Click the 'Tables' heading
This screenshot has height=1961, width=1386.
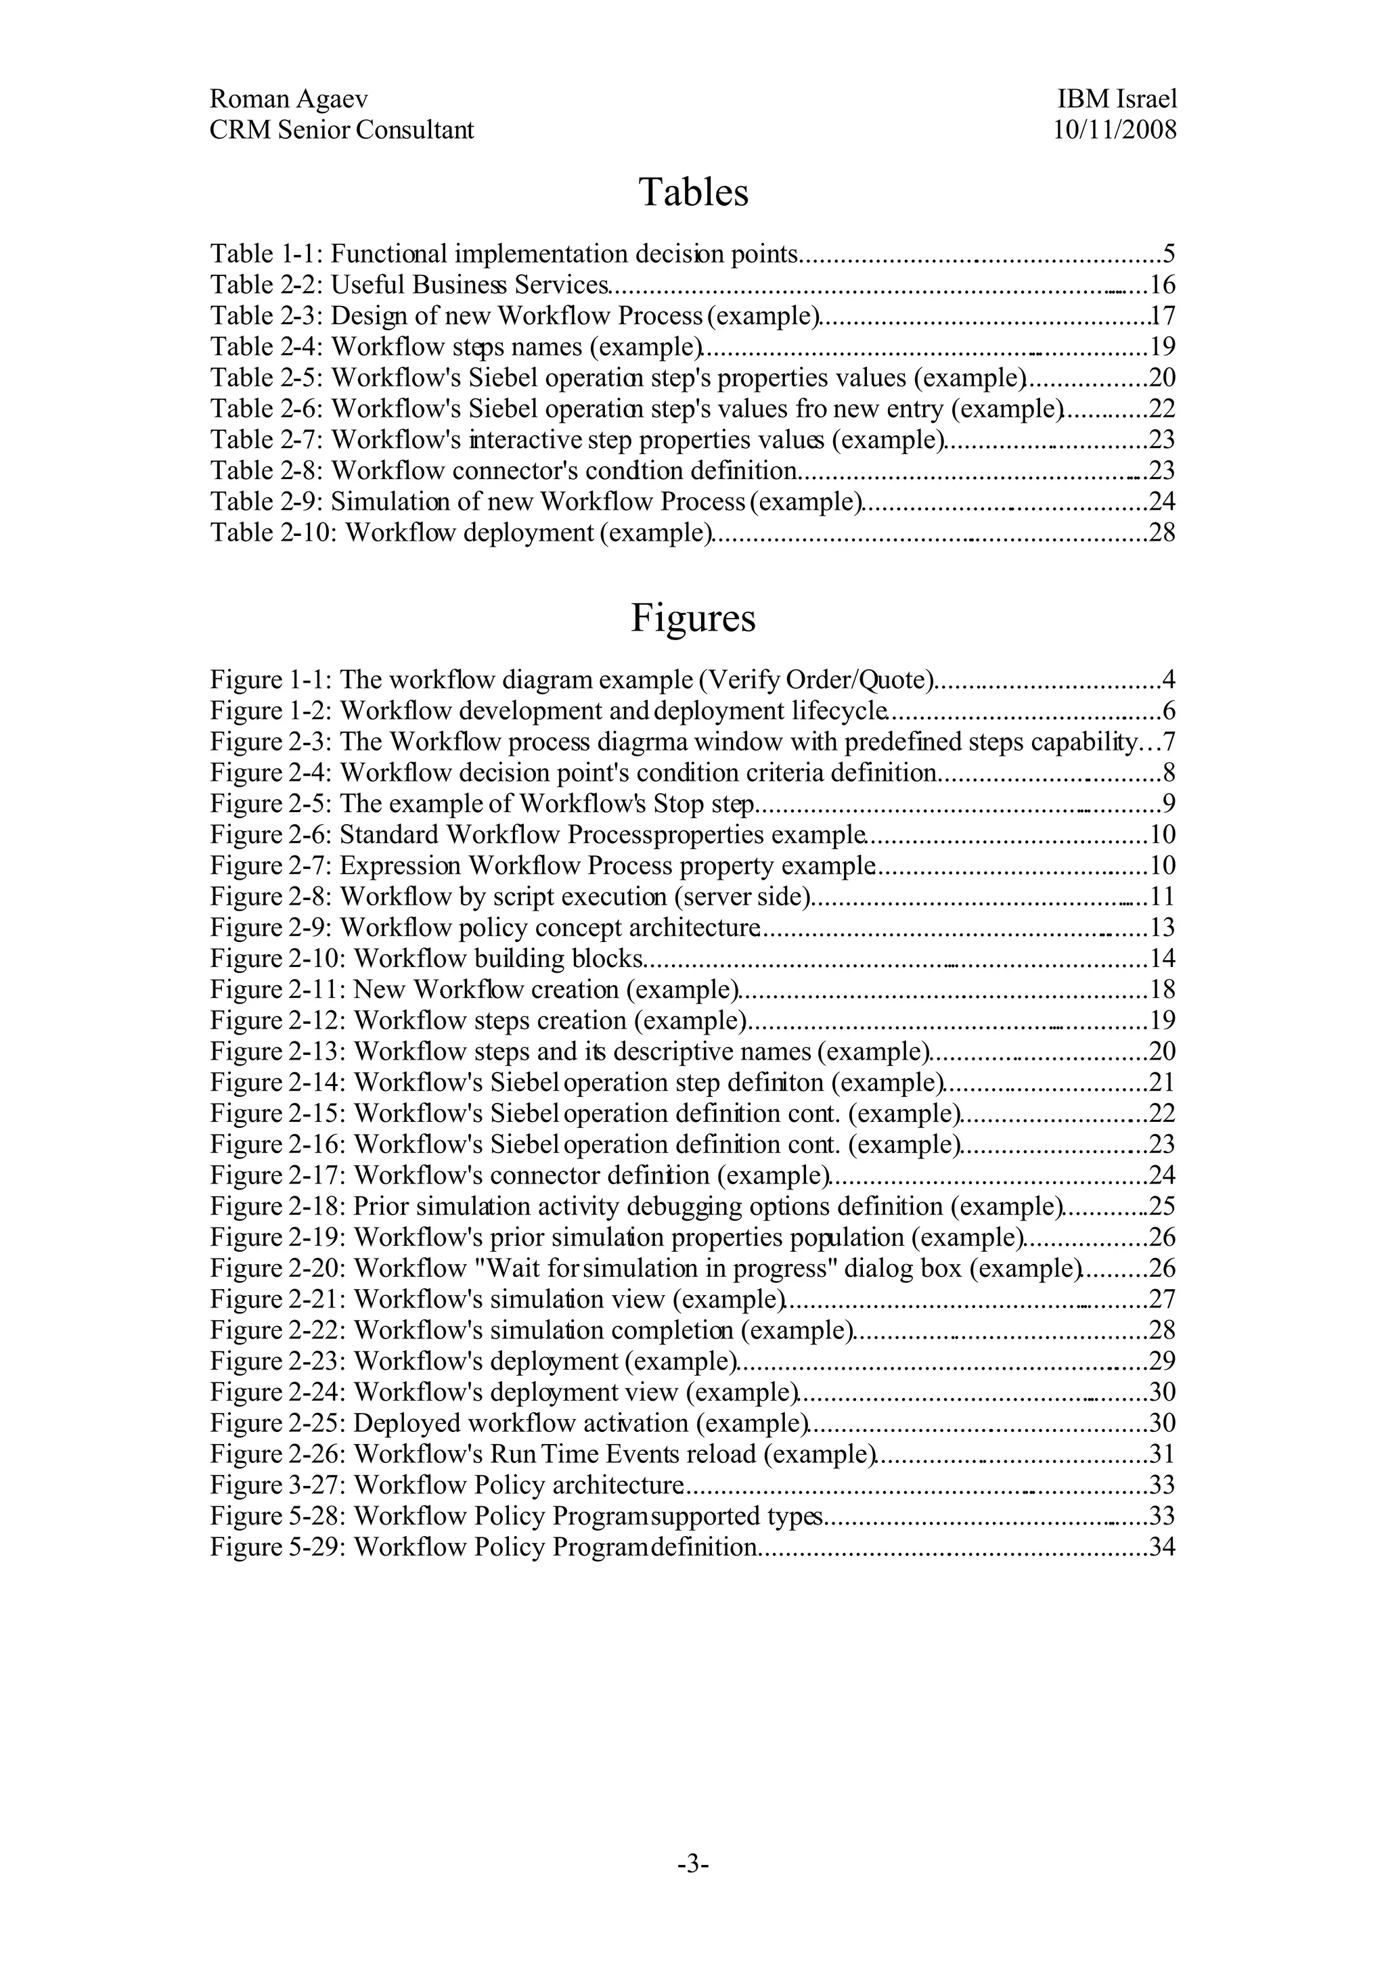coord(692,192)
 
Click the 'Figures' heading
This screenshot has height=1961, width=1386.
coord(692,618)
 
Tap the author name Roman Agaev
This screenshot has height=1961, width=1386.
coord(289,99)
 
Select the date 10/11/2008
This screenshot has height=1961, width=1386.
coord(1115,130)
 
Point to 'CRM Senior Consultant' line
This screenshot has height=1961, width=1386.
coord(342,130)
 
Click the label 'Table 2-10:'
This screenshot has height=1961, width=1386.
coord(274,533)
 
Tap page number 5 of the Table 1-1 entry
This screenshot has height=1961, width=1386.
coord(1169,254)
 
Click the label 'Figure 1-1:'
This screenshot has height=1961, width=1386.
coord(271,681)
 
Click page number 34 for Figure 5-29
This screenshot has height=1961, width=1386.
coord(1162,1547)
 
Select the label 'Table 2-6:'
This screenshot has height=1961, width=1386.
coord(267,409)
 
